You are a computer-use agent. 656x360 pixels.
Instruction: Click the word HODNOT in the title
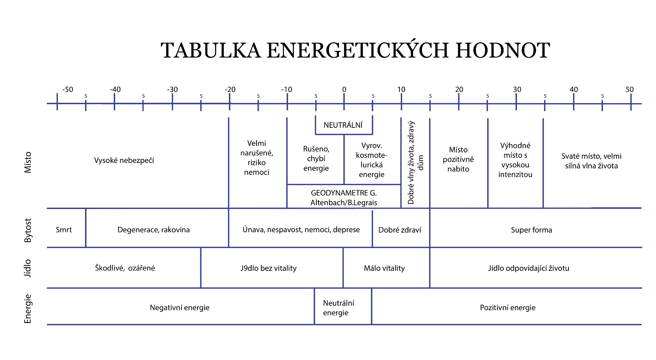point(503,50)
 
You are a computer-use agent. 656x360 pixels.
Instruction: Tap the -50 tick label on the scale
point(68,89)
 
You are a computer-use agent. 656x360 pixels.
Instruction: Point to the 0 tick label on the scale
point(344,89)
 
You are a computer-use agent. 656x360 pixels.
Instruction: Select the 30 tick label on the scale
point(517,89)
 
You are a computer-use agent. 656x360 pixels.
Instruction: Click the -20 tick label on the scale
point(230,89)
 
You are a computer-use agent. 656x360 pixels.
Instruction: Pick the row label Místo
point(28,162)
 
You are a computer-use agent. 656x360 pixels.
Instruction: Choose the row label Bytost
point(28,231)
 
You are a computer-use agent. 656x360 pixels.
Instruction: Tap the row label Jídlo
point(28,268)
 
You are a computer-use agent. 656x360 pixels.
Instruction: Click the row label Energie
point(28,309)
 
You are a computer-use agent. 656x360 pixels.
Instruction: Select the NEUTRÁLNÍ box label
point(343,125)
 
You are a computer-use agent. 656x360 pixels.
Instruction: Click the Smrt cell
point(64,230)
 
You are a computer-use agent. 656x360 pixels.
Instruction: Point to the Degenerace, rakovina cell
point(153,230)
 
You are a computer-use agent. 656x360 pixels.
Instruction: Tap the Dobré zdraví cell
point(400,230)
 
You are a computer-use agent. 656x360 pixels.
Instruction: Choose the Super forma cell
point(531,230)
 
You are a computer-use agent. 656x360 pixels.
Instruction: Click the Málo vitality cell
point(384,268)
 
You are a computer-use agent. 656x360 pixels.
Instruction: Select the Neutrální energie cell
point(338,308)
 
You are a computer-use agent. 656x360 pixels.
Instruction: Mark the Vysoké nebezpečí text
point(124,160)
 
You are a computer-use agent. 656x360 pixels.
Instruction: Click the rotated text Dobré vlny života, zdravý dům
point(415,163)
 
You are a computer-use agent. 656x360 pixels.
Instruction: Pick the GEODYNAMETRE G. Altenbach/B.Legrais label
point(344,198)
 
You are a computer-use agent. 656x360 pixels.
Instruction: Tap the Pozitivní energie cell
point(508,307)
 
